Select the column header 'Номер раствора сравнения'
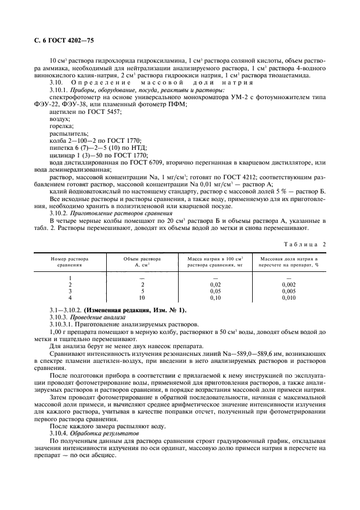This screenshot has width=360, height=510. coord(70,261)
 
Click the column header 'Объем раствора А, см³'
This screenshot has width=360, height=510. coord(143,261)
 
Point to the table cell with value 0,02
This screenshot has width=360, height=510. coord(216,284)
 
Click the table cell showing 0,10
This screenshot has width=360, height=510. coord(216,299)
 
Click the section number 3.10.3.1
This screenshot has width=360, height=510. coord(61,324)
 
